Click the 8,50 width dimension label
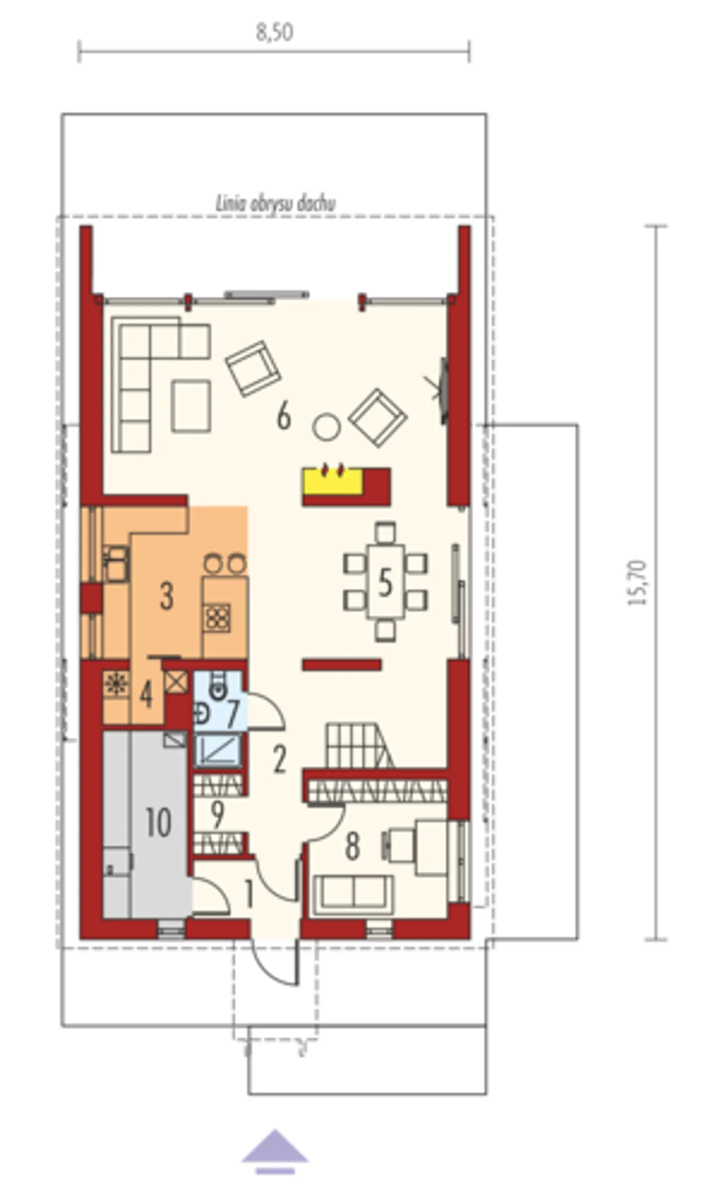tap(275, 33)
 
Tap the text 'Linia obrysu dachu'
tap(275, 204)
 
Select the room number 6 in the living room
tap(284, 417)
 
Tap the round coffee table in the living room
tap(326, 427)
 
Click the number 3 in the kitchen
tap(166, 596)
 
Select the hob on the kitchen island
tap(218, 617)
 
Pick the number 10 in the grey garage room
tap(158, 822)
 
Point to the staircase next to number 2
tap(359, 747)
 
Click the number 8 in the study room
tap(352, 847)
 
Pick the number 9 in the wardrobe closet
tap(217, 814)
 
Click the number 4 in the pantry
tap(146, 694)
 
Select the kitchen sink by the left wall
tap(117, 564)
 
